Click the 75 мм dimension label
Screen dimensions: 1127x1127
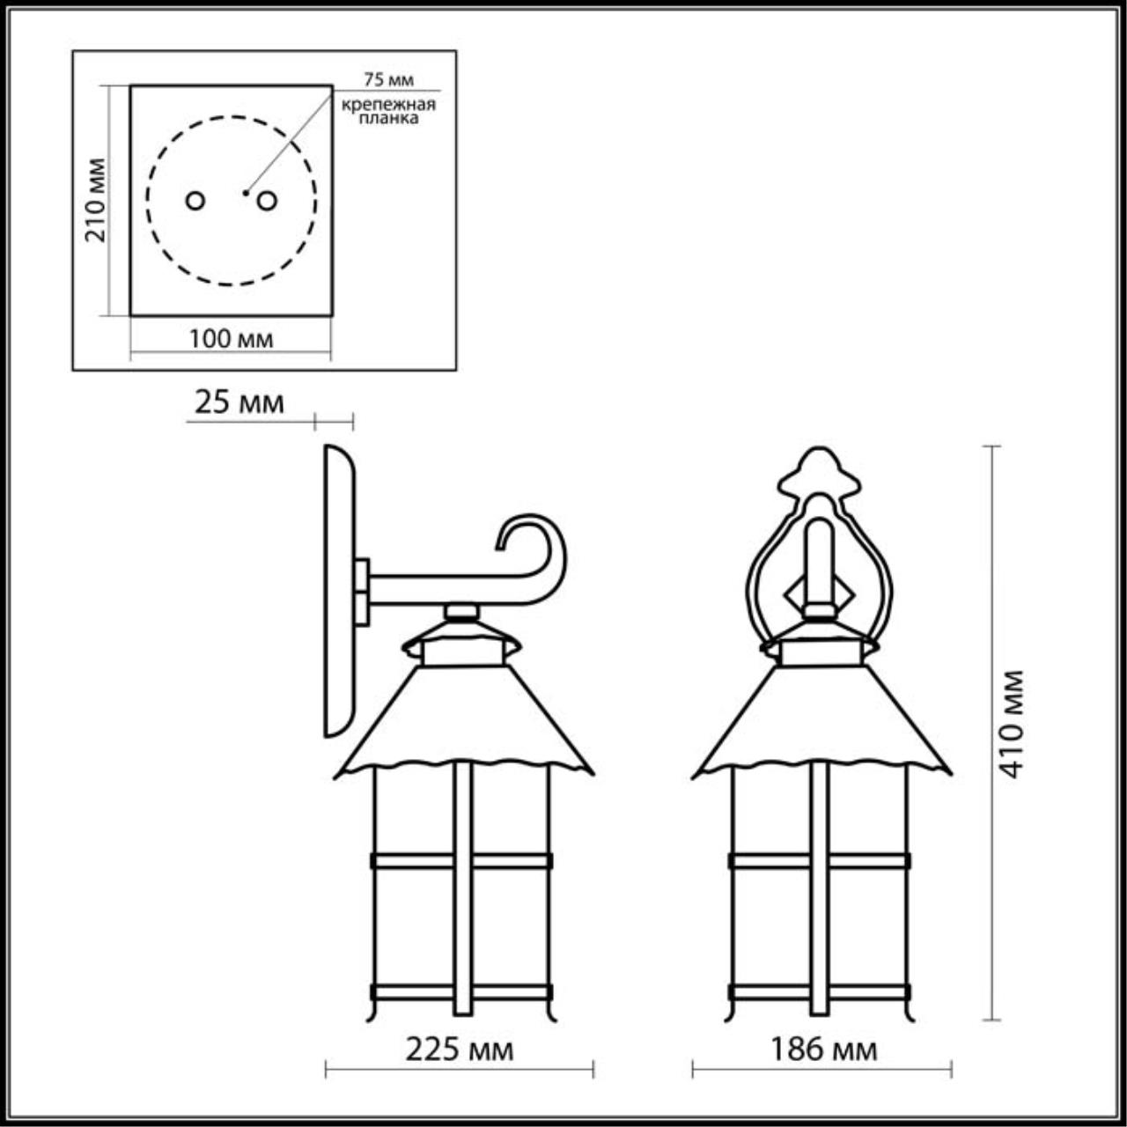click(388, 79)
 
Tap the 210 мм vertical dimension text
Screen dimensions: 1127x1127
click(95, 200)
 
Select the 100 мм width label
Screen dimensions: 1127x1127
click(231, 339)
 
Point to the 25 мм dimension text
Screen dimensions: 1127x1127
click(239, 403)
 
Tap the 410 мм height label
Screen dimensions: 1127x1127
click(1011, 723)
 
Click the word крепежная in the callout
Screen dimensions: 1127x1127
click(389, 106)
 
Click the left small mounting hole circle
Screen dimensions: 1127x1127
click(195, 202)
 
